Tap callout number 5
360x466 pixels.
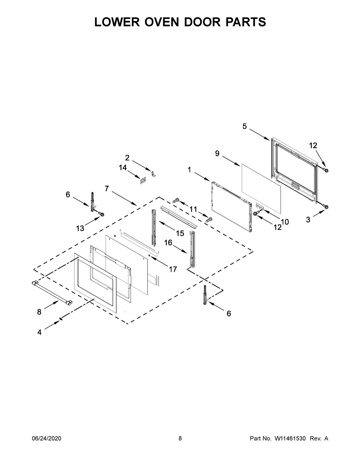244,127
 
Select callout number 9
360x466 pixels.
217,154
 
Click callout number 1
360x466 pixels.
189,170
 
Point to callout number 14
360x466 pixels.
123,168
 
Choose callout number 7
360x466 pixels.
106,188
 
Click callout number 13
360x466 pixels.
80,228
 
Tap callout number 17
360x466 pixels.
172,269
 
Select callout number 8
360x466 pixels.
39,312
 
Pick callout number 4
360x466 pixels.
39,332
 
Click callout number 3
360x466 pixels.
308,220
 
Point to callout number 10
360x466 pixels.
285,222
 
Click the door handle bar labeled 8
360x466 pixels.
51,293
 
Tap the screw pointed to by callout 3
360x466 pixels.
325,206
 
